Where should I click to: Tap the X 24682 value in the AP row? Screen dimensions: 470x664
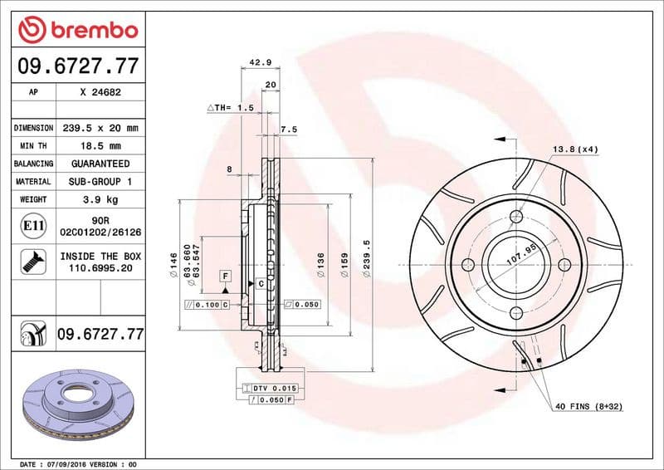tap(100, 93)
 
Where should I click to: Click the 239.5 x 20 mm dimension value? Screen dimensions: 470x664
tap(100, 128)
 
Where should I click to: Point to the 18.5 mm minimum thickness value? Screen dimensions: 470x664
tap(100, 145)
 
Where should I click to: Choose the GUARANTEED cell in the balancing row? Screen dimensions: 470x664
tap(100, 164)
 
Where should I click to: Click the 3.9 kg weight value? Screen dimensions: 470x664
tap(100, 199)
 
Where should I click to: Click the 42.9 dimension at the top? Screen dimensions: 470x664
tap(261, 62)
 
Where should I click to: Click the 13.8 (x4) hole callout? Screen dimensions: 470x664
tap(575, 149)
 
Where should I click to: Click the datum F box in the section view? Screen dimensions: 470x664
tap(225, 275)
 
